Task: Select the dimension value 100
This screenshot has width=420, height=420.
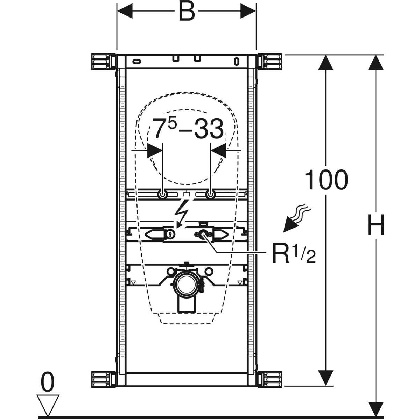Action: (326, 180)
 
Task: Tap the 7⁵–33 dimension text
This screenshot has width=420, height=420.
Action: (188, 129)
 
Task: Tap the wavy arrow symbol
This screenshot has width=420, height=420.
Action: (296, 219)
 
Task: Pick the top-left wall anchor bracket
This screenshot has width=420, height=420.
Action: (103, 62)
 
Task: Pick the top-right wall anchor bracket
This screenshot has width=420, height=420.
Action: (270, 62)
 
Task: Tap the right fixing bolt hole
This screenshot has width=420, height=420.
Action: (210, 195)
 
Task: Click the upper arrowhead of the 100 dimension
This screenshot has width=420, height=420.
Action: (326, 63)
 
